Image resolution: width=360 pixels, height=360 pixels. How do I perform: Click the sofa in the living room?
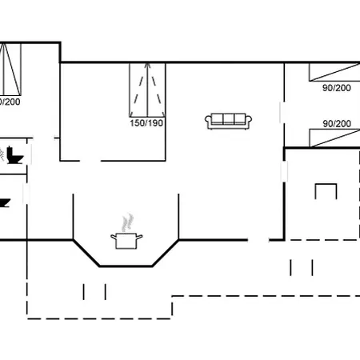coord(228,121)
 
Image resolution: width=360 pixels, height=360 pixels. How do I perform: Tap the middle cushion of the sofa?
coord(228,120)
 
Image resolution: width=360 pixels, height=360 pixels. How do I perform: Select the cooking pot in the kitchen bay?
coord(126,240)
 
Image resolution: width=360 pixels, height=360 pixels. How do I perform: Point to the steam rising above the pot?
coord(126,220)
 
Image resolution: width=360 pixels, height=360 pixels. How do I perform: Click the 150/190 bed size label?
coord(146,124)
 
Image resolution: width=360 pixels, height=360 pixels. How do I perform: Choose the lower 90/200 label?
coord(337,124)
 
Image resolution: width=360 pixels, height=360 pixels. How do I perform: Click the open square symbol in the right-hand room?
coord(326,192)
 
